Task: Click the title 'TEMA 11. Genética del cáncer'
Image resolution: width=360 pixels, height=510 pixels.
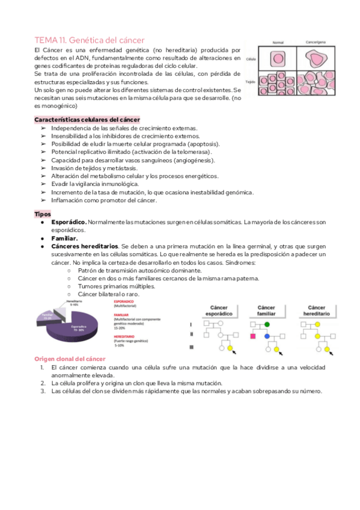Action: (90, 39)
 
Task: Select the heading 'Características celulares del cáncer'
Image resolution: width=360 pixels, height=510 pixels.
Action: (87, 120)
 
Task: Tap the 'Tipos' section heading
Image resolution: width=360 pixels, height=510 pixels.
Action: (43, 214)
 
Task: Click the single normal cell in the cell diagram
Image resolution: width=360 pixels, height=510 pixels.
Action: (278, 59)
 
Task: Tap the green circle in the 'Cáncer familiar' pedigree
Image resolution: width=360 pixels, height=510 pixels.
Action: (267, 324)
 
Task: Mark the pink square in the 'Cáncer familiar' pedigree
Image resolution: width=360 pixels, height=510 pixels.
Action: (253, 337)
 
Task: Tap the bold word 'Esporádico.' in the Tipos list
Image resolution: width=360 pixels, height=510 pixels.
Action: (69, 222)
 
